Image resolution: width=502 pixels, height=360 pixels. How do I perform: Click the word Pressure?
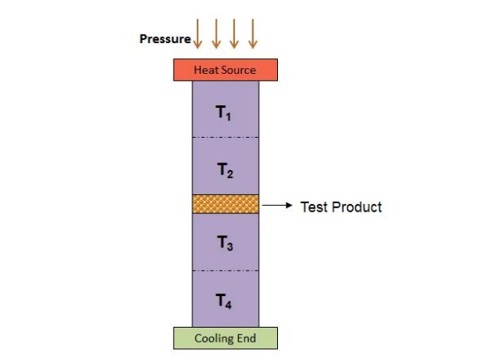pos(165,39)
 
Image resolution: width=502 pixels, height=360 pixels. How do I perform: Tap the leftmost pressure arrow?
pos(197,34)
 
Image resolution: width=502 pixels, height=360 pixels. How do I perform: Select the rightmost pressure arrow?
pos(253,34)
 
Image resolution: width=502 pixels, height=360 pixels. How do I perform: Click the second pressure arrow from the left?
pos(217,34)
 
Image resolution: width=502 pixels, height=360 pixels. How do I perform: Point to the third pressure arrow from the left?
pos(234,34)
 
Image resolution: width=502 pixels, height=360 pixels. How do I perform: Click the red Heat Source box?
pos(226,70)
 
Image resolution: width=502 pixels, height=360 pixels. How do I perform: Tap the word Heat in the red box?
pos(206,70)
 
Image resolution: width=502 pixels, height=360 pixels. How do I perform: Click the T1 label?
pos(223,113)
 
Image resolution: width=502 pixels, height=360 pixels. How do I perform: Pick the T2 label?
pos(225,170)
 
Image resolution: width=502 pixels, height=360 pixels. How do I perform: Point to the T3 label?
pos(225,243)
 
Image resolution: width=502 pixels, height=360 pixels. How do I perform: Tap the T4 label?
pos(223,301)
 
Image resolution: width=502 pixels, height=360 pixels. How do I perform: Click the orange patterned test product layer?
pos(226,204)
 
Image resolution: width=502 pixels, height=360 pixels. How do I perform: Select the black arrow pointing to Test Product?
pos(277,205)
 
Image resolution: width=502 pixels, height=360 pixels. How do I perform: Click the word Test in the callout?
pos(314,207)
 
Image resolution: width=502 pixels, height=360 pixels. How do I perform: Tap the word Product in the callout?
pos(357,207)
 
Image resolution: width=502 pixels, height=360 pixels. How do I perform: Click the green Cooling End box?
pos(226,338)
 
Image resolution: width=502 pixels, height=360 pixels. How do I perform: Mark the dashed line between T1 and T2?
pos(226,137)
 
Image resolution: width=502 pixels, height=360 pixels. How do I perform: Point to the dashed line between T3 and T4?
pos(226,270)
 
